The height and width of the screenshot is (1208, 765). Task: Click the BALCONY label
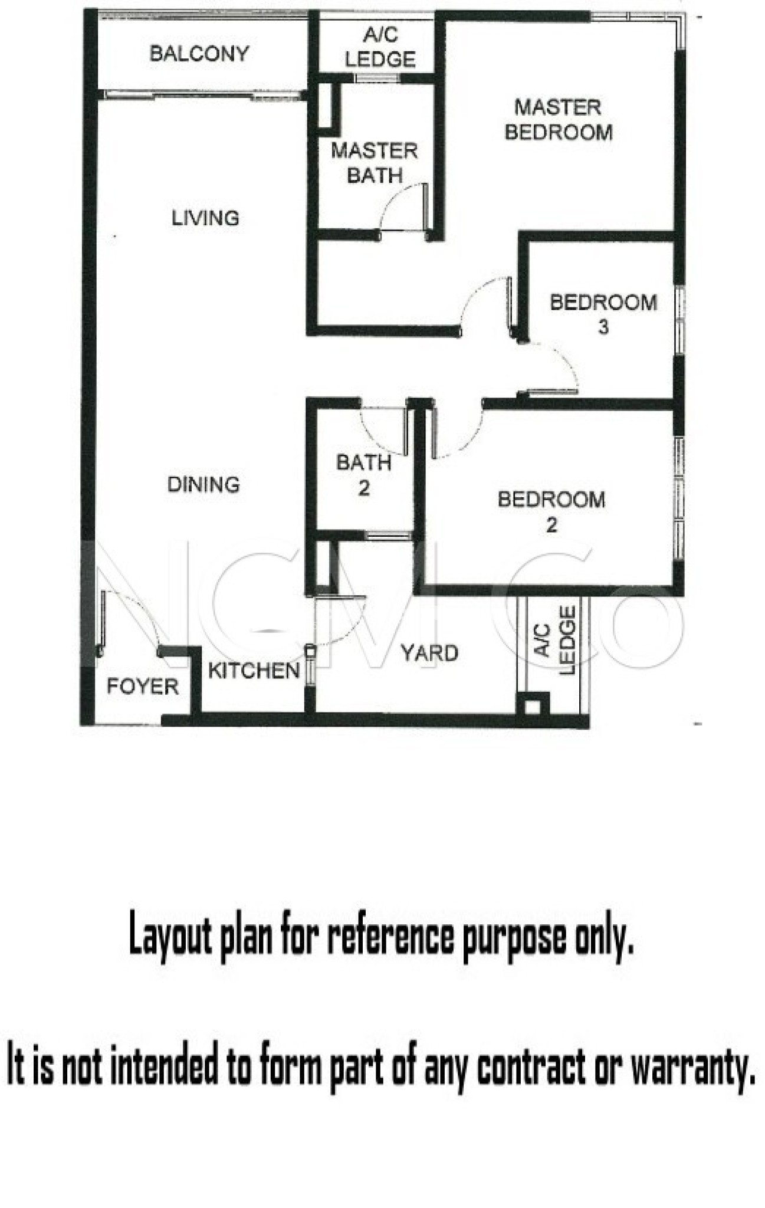click(x=199, y=54)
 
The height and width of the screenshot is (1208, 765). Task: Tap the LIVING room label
click(x=205, y=218)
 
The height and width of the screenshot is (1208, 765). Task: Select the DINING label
click(x=204, y=484)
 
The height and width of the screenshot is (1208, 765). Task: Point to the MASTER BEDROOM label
click(x=559, y=119)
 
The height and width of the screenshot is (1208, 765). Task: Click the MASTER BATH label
click(x=375, y=163)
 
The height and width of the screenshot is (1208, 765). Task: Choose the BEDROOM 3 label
click(x=603, y=314)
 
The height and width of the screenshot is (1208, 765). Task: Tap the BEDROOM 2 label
click(x=551, y=511)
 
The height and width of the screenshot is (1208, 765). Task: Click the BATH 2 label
click(x=364, y=474)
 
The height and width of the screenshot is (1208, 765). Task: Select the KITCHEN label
click(x=254, y=671)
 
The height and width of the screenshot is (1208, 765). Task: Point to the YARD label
click(x=429, y=653)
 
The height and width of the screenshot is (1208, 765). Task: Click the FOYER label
click(x=143, y=686)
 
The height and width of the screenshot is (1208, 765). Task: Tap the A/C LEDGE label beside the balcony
click(x=380, y=47)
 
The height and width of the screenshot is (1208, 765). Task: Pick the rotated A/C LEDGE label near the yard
click(x=555, y=640)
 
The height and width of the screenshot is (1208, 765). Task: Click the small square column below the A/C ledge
click(x=533, y=705)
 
